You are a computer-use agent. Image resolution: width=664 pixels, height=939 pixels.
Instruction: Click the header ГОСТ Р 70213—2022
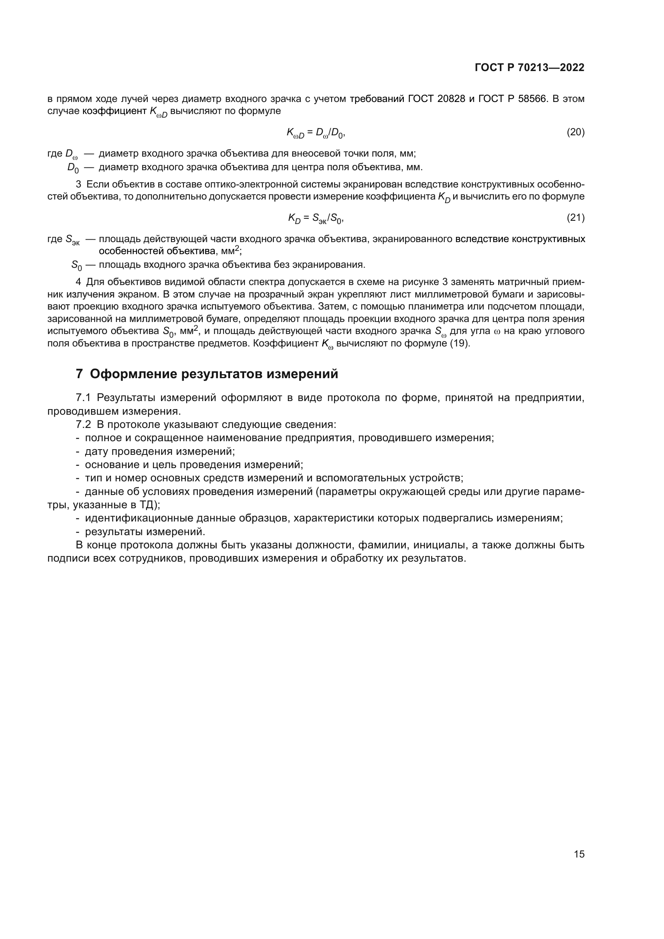pos(530,68)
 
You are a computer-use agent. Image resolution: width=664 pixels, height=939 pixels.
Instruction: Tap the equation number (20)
pos(575,132)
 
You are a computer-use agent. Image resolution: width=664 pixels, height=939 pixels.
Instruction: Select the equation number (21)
pos(575,218)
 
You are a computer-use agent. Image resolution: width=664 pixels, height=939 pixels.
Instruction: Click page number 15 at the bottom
pos(579,854)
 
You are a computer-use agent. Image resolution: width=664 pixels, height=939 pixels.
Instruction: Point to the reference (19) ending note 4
pos(459,343)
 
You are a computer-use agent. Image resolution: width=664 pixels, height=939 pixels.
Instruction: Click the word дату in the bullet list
pos(96,452)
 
